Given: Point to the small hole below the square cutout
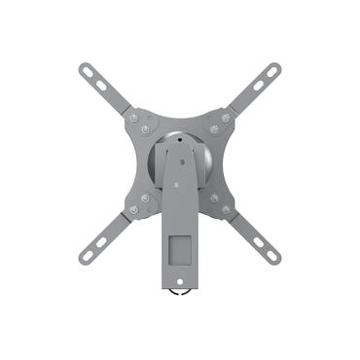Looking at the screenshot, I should [x=179, y=278].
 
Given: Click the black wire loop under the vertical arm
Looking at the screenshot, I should [x=179, y=291].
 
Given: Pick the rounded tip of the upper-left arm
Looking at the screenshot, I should [x=83, y=68].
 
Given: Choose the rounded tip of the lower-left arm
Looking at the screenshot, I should [x=84, y=261].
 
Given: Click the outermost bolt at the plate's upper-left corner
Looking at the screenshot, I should [x=132, y=118].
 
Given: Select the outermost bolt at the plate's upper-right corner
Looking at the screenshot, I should [x=226, y=118].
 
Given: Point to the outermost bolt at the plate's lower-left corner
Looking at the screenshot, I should [x=132, y=209].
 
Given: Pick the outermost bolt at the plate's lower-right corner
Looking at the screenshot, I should [x=226, y=209].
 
